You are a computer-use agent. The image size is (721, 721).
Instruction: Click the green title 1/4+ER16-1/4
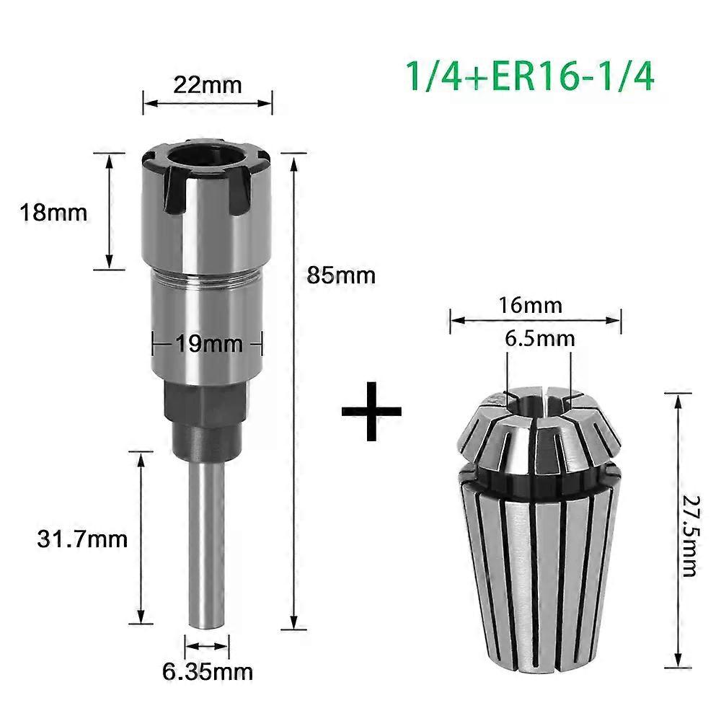[x=529, y=76]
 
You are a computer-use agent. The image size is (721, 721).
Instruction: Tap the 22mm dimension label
[x=208, y=85]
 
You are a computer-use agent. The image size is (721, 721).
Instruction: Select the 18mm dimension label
[x=53, y=213]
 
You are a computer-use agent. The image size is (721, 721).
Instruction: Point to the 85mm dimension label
[x=341, y=275]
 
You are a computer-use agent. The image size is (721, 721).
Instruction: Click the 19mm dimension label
[x=209, y=343]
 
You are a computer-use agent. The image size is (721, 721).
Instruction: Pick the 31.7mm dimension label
[x=82, y=539]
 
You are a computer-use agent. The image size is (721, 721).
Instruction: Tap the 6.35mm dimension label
[x=208, y=671]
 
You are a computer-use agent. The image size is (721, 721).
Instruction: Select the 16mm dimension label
[x=531, y=305]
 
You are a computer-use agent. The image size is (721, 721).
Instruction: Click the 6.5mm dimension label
[x=540, y=339]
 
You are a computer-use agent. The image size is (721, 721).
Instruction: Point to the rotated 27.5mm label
[x=689, y=536]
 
